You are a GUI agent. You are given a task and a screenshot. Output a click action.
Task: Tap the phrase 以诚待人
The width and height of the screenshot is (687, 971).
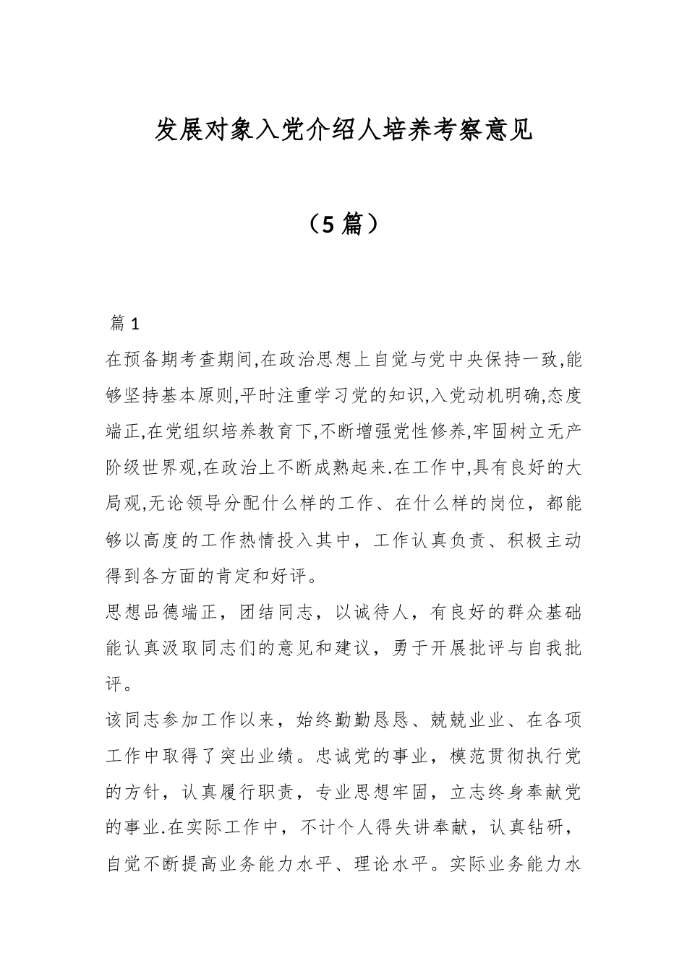tap(375, 613)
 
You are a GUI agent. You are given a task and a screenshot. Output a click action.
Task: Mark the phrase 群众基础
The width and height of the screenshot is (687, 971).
tap(547, 613)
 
